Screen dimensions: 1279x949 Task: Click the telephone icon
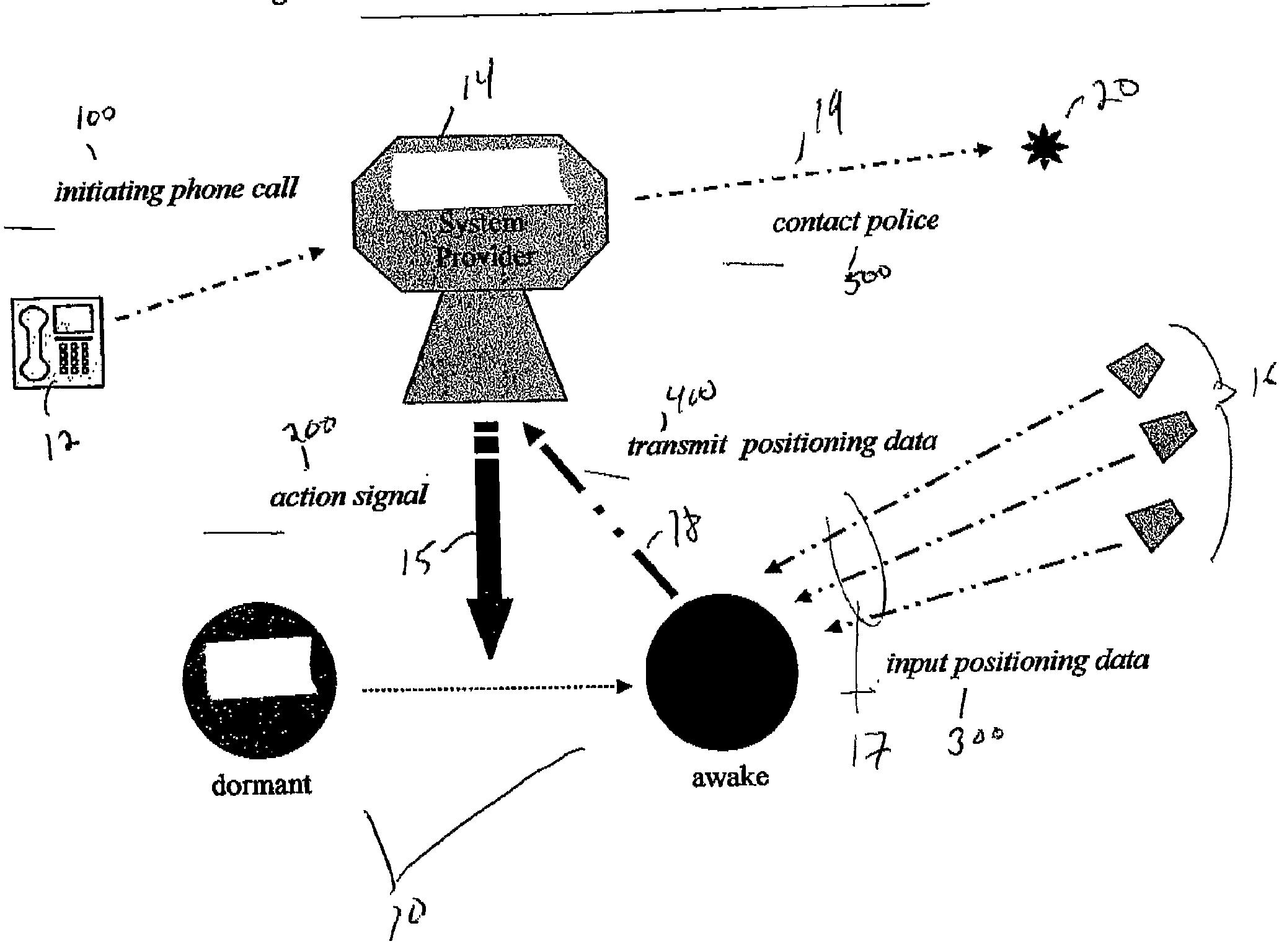58,343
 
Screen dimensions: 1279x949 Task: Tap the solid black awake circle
722,671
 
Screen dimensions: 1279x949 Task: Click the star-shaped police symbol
1044,147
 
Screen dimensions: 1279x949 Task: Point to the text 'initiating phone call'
177,189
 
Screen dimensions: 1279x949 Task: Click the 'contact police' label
855,221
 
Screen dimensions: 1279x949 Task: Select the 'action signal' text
349,496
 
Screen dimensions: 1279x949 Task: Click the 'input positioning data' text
1017,662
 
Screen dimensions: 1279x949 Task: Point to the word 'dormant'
261,785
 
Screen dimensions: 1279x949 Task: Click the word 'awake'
730,777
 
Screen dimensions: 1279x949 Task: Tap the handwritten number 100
95,117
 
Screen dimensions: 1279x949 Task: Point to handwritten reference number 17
870,751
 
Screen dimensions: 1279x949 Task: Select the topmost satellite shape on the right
1136,369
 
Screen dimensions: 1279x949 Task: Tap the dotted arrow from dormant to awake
496,687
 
